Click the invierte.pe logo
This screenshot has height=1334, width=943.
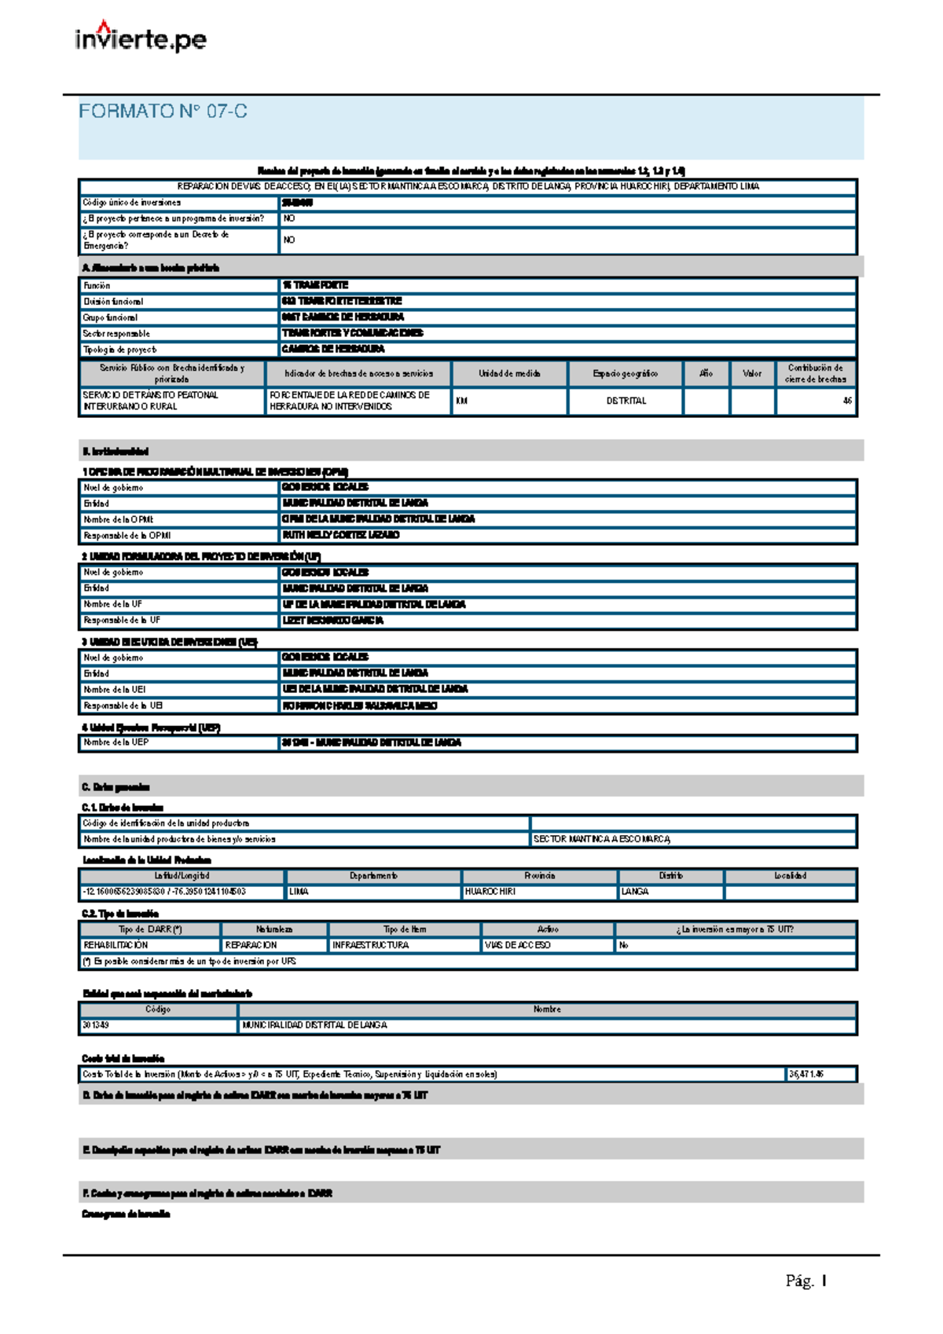point(141,38)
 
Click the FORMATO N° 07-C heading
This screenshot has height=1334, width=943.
point(163,112)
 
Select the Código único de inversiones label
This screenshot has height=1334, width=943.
point(132,203)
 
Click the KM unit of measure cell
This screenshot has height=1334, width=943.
point(462,401)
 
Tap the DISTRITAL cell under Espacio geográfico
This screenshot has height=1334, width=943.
point(626,401)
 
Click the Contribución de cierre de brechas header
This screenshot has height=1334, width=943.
point(815,373)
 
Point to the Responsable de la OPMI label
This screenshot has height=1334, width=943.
point(127,536)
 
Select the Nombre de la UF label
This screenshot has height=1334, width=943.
point(112,604)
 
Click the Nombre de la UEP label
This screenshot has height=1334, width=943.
point(116,742)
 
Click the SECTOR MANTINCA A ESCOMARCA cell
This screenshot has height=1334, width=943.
point(602,839)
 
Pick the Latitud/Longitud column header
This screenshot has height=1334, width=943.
point(182,876)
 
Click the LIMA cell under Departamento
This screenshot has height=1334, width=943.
point(299,892)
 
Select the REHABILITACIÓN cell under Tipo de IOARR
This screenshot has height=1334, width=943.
point(116,945)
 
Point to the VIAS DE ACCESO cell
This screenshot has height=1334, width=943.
point(517,945)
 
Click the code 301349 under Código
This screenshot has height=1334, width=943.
point(96,1025)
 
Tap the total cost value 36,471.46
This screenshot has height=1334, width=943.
point(805,1074)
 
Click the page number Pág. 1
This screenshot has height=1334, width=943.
point(805,1281)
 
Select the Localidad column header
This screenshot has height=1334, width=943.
point(790,876)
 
